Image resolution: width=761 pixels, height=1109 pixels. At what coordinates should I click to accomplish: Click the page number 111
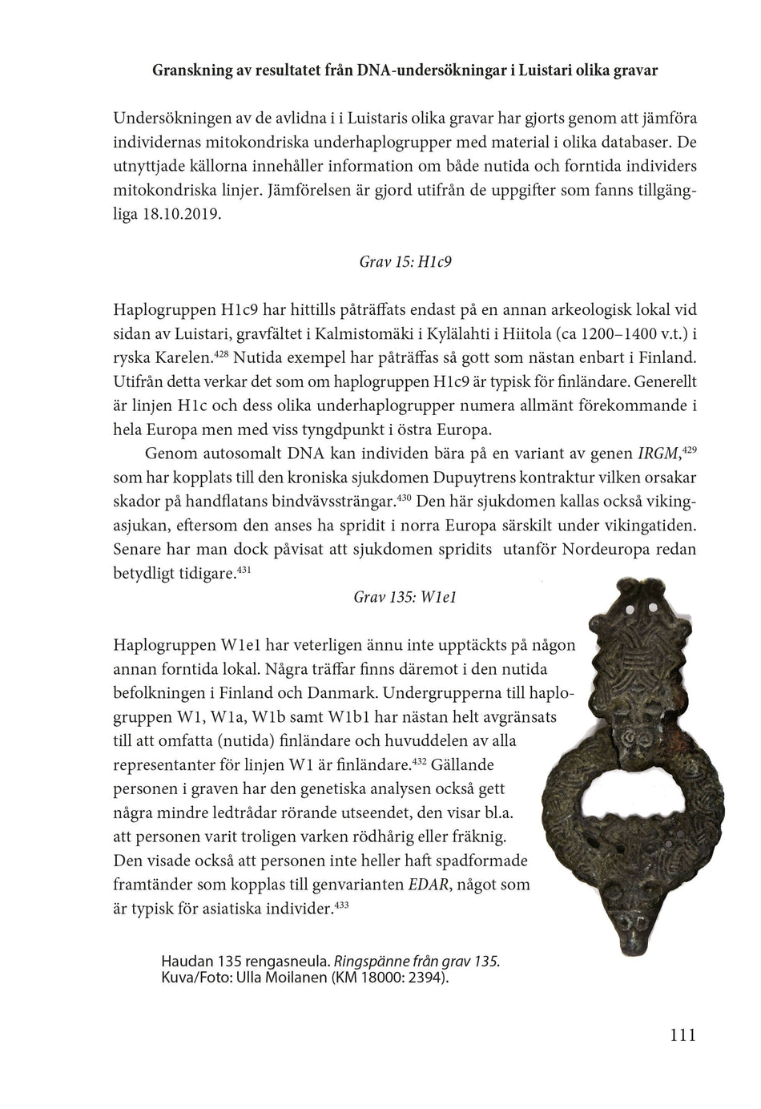682,1034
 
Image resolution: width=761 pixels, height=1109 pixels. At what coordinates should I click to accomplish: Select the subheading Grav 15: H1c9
405,261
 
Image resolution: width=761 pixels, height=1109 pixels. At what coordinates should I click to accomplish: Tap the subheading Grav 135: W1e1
405,597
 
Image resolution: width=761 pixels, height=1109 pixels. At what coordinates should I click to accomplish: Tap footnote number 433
340,905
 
